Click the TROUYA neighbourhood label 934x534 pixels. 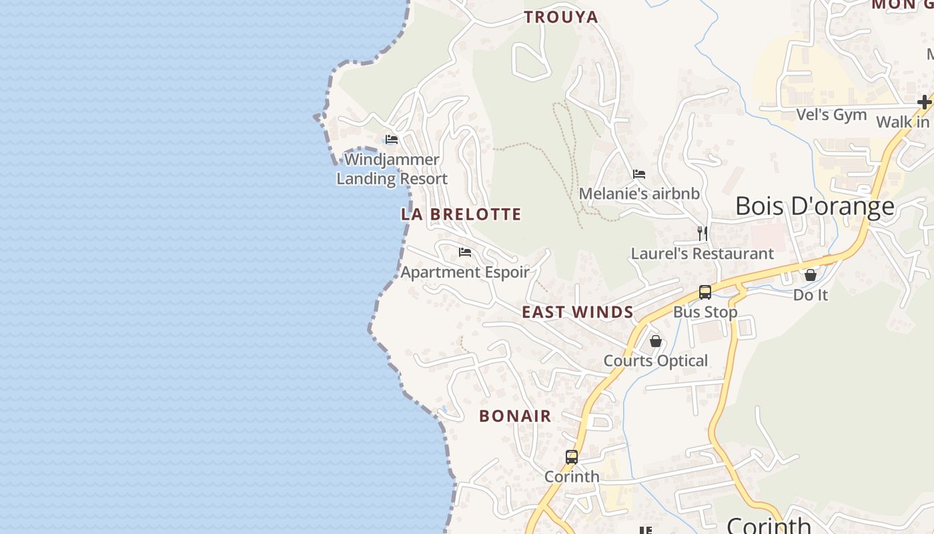(561, 17)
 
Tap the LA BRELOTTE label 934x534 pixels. (461, 214)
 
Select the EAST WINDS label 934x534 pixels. (578, 312)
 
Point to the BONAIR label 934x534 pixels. (515, 416)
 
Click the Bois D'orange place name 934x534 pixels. (815, 206)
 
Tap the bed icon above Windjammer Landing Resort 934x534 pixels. (392, 140)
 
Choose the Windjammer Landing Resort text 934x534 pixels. (392, 169)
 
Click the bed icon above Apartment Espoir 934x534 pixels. (465, 252)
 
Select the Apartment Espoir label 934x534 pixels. (465, 272)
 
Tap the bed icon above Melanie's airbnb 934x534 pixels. (639, 174)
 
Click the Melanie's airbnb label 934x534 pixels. (639, 194)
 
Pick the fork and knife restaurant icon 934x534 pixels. (702, 233)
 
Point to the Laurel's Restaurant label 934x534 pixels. (702, 254)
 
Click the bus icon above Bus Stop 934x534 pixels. (705, 292)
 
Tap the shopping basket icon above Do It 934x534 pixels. (811, 274)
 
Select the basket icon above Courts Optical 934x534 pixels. (656, 341)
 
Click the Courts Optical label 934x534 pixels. (656, 361)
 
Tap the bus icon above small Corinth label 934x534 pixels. (572, 457)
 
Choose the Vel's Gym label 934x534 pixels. (831, 115)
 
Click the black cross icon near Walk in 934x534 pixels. (924, 102)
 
